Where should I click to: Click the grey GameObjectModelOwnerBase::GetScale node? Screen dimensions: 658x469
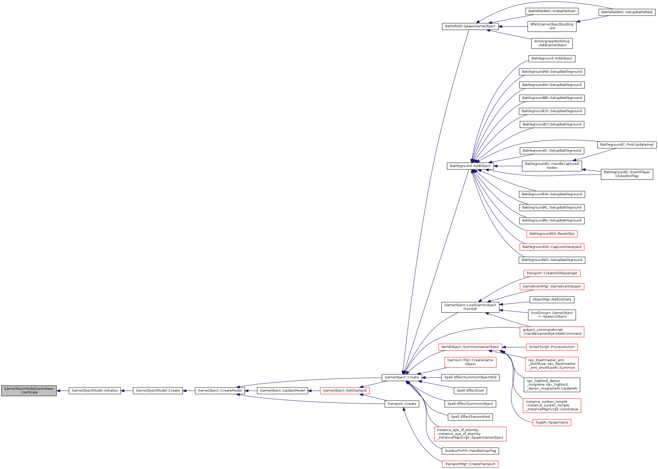coord(29,391)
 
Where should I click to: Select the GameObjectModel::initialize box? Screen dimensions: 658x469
coord(95,391)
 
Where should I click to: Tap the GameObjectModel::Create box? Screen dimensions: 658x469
coord(158,391)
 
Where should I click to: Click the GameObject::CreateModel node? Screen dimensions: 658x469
coord(220,391)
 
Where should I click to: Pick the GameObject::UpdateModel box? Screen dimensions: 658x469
coord(282,391)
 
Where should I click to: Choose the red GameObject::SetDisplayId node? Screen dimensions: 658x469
coord(345,391)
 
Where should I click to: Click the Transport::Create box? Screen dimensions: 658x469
coord(402,404)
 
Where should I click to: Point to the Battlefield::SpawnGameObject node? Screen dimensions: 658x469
coord(470,26)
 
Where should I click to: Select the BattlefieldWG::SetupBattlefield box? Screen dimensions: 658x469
coord(627,12)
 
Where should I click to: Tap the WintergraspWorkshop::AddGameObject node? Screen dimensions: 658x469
coord(552,43)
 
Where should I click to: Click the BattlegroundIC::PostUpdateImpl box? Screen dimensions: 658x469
coord(627,145)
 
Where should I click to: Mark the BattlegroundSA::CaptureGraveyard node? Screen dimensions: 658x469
coord(552,247)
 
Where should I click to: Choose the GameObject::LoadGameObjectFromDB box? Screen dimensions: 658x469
coord(470,307)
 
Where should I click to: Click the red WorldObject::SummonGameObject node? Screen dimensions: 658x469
coord(470,347)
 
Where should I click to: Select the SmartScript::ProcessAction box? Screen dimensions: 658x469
coord(552,347)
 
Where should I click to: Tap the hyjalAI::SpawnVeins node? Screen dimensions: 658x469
coord(552,423)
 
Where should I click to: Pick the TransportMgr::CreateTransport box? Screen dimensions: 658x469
coord(470,464)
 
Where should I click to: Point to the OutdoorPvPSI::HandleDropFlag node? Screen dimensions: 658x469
coord(470,451)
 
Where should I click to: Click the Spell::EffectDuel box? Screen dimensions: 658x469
coord(470,391)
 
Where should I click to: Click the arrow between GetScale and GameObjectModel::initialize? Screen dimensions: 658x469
coord(63,391)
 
